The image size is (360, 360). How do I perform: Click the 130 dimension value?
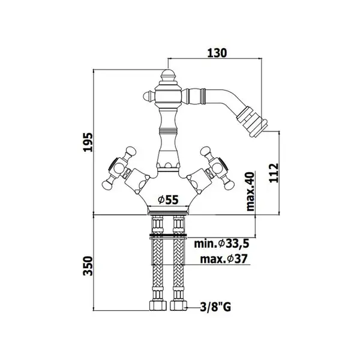[x=217, y=53]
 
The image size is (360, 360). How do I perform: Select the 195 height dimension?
[x=88, y=142]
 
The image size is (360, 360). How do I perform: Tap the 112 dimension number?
[x=274, y=173]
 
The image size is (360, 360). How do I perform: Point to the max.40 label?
[x=250, y=191]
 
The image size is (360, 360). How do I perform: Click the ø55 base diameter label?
[x=168, y=200]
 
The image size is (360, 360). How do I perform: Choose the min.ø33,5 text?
[x=221, y=244]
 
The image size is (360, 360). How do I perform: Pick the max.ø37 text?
[x=224, y=259]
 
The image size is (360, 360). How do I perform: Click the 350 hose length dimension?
[x=88, y=266]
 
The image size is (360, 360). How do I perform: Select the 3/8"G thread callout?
[x=215, y=307]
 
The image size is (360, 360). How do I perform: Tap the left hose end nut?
[x=157, y=305]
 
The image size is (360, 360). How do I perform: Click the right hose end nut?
[x=178, y=305]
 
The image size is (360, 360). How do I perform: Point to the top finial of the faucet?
[x=168, y=77]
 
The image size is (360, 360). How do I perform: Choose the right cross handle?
[x=217, y=169]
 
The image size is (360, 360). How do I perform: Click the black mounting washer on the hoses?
[x=168, y=235]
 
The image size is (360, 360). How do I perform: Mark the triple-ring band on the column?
[x=168, y=131]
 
